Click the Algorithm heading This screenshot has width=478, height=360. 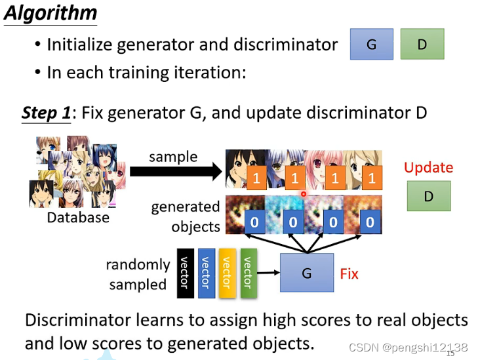click(x=50, y=13)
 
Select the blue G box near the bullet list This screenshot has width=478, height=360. click(x=371, y=44)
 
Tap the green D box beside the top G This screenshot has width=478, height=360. click(x=422, y=44)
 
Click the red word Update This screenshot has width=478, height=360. click(x=428, y=168)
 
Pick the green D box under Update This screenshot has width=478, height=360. click(x=428, y=196)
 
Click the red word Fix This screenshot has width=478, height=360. click(x=349, y=273)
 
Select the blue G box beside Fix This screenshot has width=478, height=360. click(x=306, y=272)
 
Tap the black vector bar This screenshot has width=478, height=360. click(x=185, y=272)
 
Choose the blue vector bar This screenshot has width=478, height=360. click(x=206, y=272)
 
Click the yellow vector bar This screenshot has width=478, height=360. click(x=227, y=272)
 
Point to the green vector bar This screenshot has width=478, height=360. click(x=248, y=272)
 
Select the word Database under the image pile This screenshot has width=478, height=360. click(x=78, y=217)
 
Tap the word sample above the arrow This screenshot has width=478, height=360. click(x=173, y=157)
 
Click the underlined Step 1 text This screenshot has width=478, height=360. click(x=46, y=113)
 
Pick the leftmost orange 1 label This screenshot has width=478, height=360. click(x=256, y=178)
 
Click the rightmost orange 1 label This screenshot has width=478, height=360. click(x=372, y=178)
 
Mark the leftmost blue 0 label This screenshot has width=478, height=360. click(x=254, y=222)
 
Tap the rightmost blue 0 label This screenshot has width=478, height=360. click(x=370, y=222)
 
